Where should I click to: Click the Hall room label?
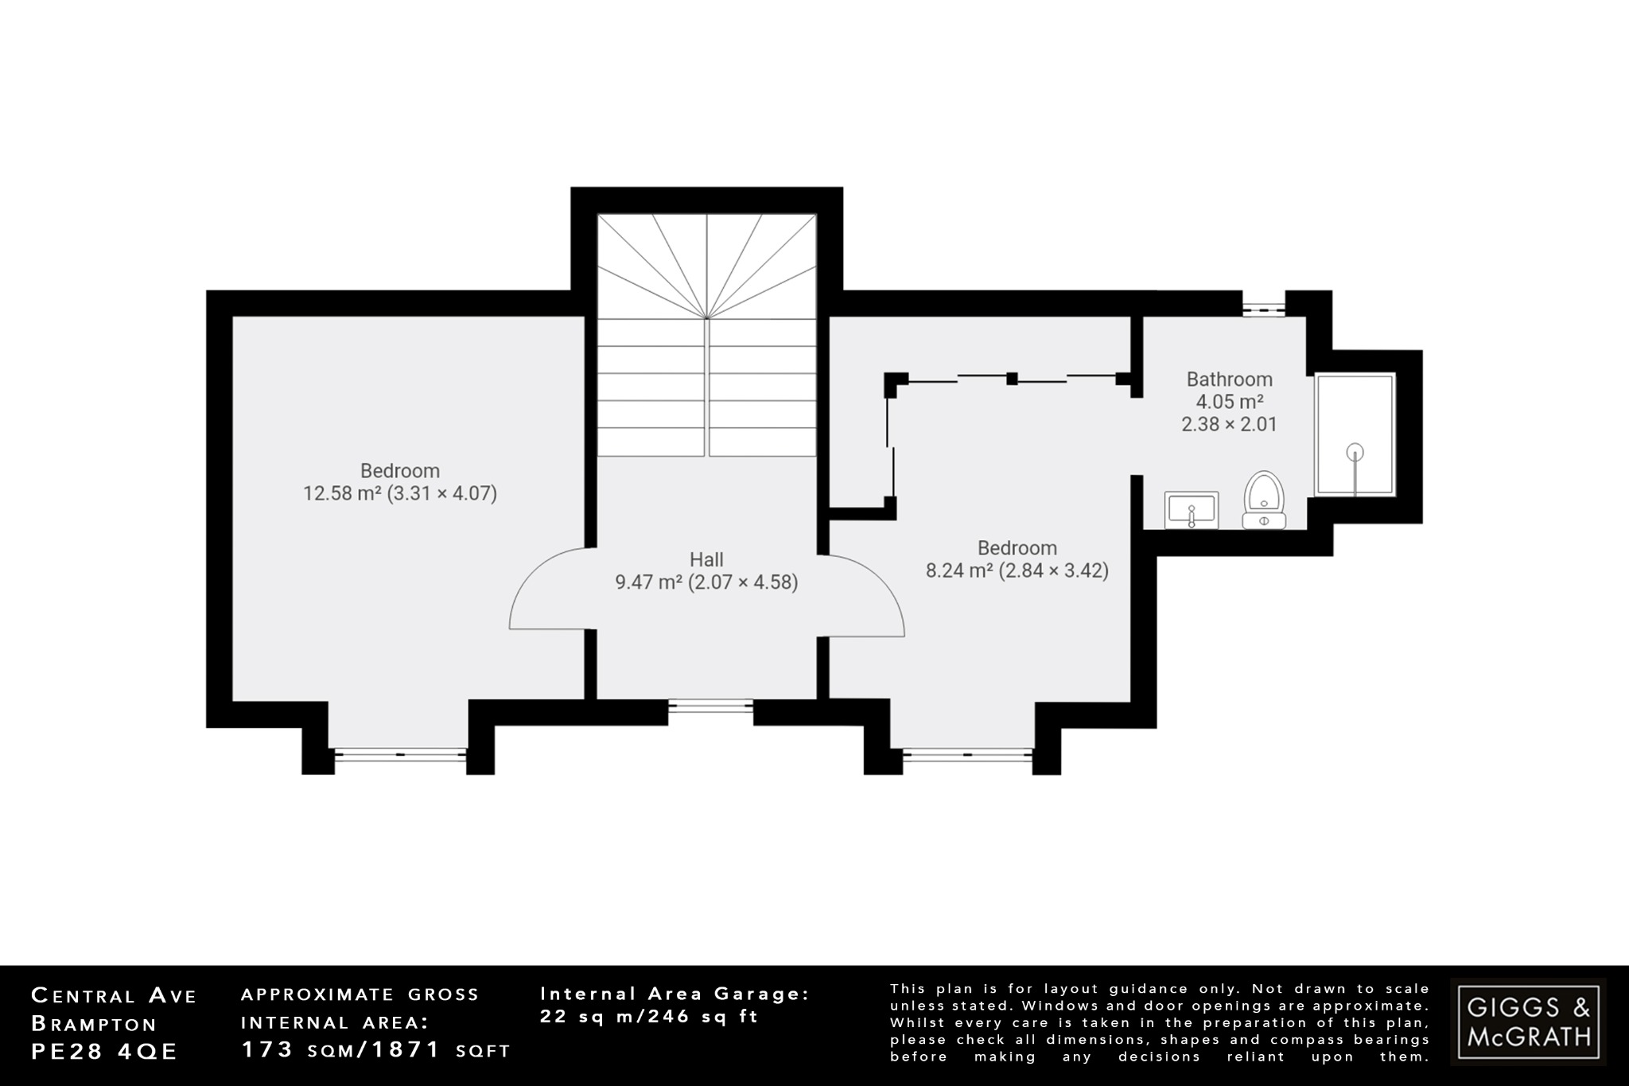[x=706, y=559]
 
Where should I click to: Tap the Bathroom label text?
[x=1229, y=380]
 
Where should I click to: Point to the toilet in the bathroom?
[x=1264, y=498]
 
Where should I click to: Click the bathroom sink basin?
[x=1191, y=509]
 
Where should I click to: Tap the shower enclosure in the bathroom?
[x=1355, y=434]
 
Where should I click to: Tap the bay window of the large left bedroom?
[x=400, y=754]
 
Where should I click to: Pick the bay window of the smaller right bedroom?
[x=968, y=754]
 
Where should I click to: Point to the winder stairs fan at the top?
[x=707, y=267]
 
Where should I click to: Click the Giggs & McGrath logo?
[x=1528, y=1022]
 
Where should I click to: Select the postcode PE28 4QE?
[x=104, y=1051]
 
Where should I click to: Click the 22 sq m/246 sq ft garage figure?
[x=649, y=1016]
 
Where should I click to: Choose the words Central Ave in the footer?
[x=113, y=995]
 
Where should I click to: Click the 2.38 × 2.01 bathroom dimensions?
[x=1229, y=424]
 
